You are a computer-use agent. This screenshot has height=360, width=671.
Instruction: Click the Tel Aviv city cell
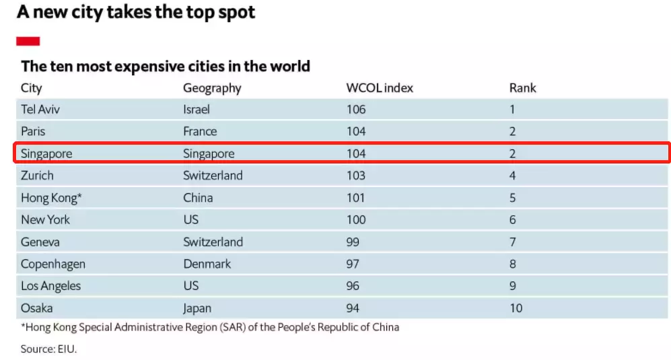[40, 109]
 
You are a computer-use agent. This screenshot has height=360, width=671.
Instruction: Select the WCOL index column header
[380, 88]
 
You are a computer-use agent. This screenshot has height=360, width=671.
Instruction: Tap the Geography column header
[212, 88]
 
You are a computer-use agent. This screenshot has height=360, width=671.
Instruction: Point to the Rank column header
[522, 88]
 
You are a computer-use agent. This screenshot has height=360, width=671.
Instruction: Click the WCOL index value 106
[356, 109]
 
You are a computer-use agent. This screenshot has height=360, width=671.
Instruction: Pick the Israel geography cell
[197, 109]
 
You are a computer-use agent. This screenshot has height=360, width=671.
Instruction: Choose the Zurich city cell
[37, 176]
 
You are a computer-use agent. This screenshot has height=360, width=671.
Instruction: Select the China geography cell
[198, 198]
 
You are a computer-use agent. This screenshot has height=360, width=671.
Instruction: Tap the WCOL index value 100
[356, 220]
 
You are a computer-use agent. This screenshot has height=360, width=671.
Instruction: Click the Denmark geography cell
[207, 264]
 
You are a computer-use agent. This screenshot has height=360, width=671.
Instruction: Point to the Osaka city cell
[36, 308]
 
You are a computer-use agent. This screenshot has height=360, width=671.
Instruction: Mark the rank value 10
[516, 308]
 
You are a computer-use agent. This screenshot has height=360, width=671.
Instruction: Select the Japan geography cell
[197, 308]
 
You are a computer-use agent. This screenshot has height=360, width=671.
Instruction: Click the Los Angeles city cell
[50, 286]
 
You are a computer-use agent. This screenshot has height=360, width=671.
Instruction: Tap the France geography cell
[200, 131]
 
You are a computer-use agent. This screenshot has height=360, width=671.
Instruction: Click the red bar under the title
[28, 42]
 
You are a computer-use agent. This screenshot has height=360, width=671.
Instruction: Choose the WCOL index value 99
[353, 242]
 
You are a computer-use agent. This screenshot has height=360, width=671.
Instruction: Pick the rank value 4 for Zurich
[513, 176]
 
